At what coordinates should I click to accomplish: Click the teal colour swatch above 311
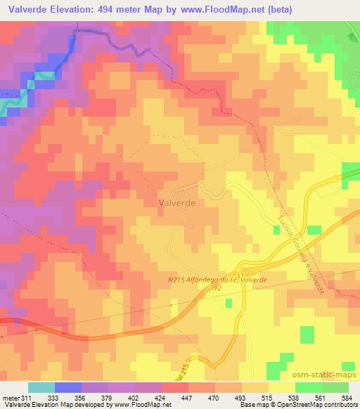[41, 387]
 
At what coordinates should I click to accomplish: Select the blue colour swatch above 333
[66, 387]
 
